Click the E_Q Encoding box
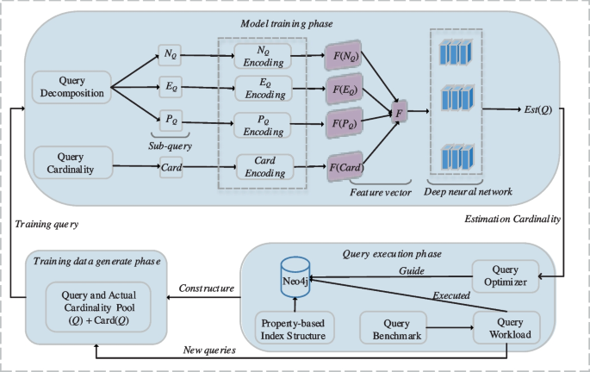264,88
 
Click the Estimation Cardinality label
513,220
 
